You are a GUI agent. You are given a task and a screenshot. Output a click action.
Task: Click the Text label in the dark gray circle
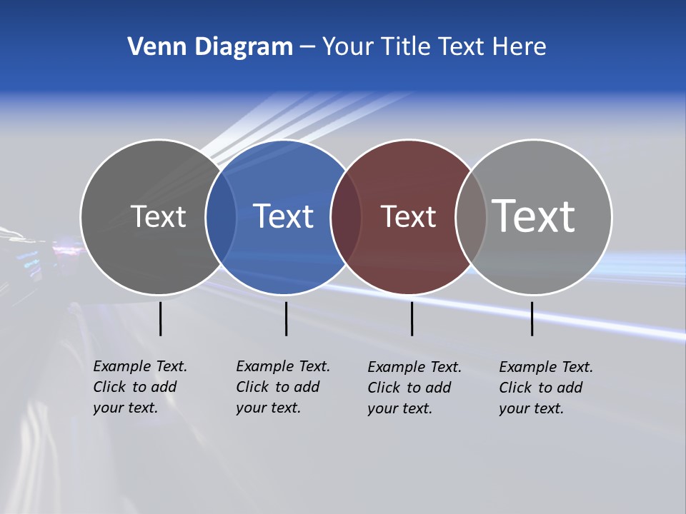pos(158,216)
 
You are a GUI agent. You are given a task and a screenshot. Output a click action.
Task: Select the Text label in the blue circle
pos(284,216)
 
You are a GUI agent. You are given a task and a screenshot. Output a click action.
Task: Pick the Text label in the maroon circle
pos(408,216)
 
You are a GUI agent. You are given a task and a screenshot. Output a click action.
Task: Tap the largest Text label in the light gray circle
pos(534,216)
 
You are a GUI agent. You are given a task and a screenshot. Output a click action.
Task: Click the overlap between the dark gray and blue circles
pos(221,217)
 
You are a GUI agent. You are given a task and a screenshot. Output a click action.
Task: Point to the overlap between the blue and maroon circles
pos(346,217)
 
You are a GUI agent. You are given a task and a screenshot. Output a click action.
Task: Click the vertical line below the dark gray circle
pos(160,318)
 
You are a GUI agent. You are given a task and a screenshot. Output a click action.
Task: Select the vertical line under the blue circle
pos(286,318)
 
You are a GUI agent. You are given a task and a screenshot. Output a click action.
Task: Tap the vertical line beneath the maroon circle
pos(412,318)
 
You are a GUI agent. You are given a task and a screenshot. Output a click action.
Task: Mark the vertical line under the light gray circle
pos(532,318)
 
